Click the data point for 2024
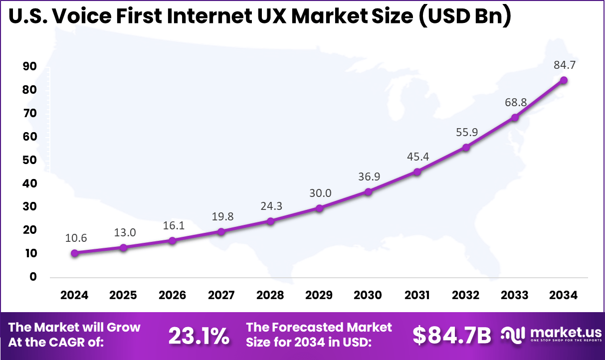pyautogui.click(x=75, y=253)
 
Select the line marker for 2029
pyautogui.click(x=319, y=208)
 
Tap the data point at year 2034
pyautogui.click(x=564, y=80)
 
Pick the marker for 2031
pyautogui.click(x=417, y=172)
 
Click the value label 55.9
pyautogui.click(x=466, y=133)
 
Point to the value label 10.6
pyautogui.click(x=76, y=238)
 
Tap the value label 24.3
pyautogui.click(x=270, y=206)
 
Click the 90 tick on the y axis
pyautogui.click(x=30, y=66)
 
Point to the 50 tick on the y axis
pyautogui.click(x=30, y=160)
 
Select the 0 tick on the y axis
pyautogui.click(x=33, y=277)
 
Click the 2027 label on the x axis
pyautogui.click(x=221, y=295)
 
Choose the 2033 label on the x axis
pyautogui.click(x=515, y=295)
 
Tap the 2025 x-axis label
pyautogui.click(x=124, y=295)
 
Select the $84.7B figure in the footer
pyautogui.click(x=451, y=336)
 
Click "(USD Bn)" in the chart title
pyautogui.click(x=462, y=17)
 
